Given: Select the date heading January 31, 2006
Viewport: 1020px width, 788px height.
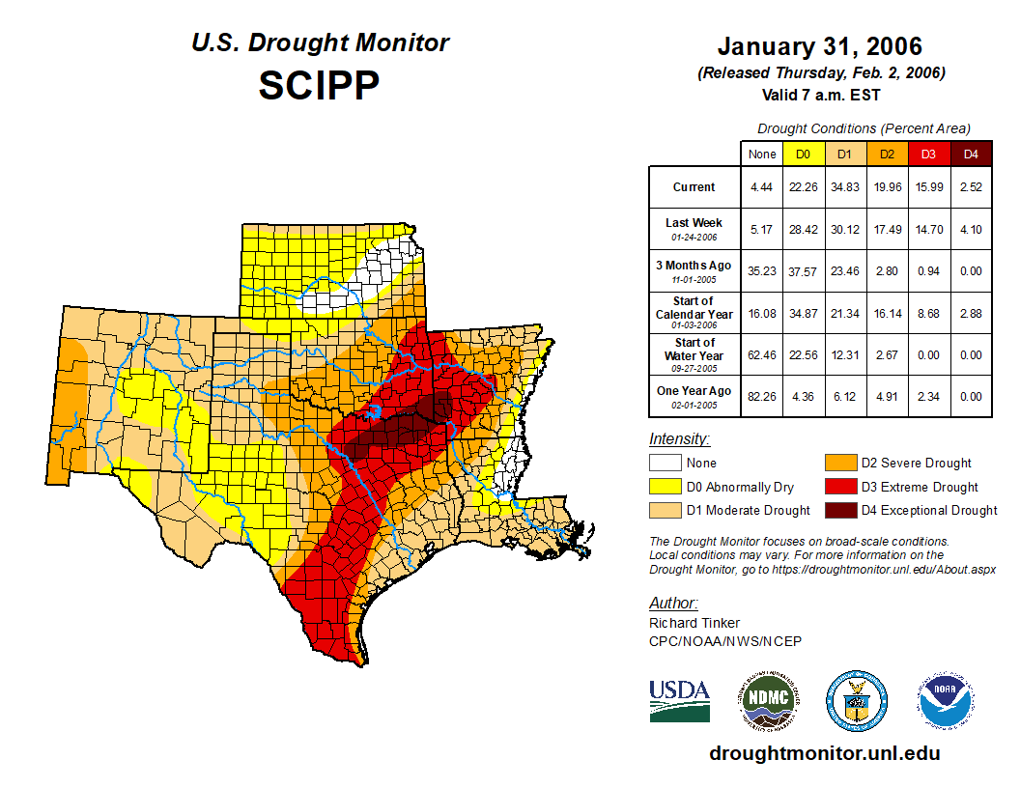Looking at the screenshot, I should click(819, 46).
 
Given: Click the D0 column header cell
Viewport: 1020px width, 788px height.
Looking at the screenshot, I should click(803, 154).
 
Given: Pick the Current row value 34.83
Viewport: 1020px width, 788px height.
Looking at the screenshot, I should click(844, 187).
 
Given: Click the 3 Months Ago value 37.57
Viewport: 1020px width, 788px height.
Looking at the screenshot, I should click(803, 270).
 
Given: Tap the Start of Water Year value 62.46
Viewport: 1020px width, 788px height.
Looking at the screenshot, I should click(761, 354).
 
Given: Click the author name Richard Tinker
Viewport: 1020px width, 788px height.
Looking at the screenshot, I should click(694, 623).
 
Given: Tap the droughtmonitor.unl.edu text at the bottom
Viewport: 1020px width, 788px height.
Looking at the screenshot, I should click(824, 753).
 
